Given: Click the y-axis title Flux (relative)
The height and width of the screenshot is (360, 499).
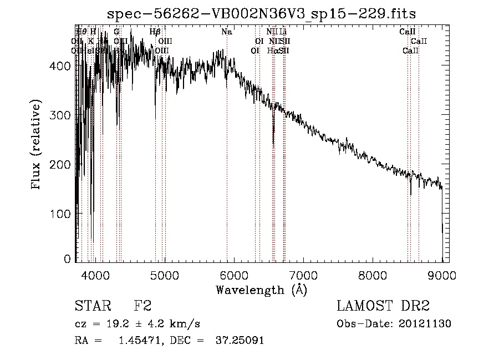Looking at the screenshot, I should [x=37, y=145].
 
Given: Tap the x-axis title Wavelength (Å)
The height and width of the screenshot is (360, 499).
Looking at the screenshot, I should [x=261, y=289].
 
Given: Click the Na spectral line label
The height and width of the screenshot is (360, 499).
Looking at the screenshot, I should [x=226, y=32].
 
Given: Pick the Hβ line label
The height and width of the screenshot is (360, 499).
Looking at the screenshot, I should [x=155, y=32].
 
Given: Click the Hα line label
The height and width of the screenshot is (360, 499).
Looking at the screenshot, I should [x=272, y=50].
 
